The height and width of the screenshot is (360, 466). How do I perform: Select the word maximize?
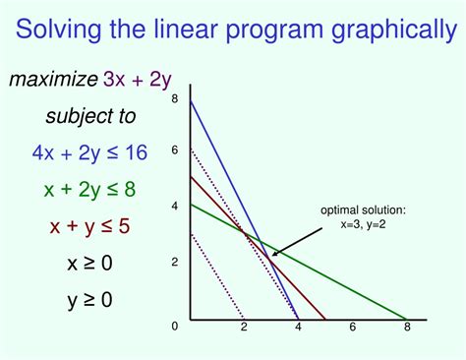[53, 79]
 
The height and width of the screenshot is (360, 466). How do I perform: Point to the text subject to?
[90, 116]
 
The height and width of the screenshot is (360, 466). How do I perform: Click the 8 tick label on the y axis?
[174, 99]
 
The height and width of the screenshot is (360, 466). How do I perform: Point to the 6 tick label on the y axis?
[174, 150]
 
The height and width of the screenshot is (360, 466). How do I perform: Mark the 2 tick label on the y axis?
[174, 262]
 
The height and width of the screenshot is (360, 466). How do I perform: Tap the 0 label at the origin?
[174, 326]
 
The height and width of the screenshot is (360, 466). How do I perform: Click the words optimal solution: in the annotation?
[363, 210]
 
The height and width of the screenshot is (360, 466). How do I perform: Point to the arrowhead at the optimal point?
[274, 256]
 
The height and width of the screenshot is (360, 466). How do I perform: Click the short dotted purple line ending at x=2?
[216, 276]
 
